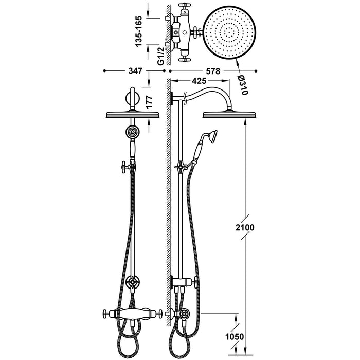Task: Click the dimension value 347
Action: (x=135, y=71)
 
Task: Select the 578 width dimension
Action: (x=213, y=71)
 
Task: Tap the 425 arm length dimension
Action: (x=199, y=81)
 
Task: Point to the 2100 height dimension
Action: (x=245, y=227)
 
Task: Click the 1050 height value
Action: (x=234, y=337)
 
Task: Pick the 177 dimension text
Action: (x=149, y=102)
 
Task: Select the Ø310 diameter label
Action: (x=243, y=85)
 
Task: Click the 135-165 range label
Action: (x=139, y=31)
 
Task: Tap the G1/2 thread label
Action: (x=161, y=56)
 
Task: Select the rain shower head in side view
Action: (x=229, y=115)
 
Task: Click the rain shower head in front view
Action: (x=133, y=115)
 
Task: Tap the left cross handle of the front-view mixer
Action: (x=106, y=313)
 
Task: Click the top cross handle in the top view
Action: (x=184, y=8)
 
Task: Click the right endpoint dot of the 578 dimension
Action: (x=256, y=71)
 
